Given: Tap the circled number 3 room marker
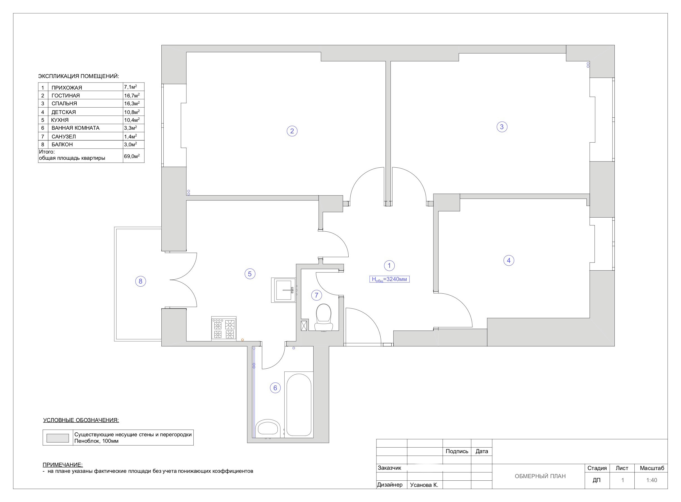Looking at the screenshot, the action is [x=502, y=127].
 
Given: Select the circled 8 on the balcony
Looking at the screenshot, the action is [x=140, y=281].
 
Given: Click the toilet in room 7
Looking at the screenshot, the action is [x=323, y=317].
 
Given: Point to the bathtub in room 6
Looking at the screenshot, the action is [x=299, y=405].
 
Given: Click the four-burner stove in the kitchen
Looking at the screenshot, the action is [x=224, y=328].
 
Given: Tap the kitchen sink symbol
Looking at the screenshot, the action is [x=284, y=290].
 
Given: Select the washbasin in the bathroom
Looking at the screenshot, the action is [x=268, y=428].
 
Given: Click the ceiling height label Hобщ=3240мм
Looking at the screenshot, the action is [x=389, y=279].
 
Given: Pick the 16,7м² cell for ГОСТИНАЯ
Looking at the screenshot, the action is [x=132, y=95].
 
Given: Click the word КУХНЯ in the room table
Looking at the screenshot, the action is [x=60, y=120].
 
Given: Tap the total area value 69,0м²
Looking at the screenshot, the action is [x=132, y=156].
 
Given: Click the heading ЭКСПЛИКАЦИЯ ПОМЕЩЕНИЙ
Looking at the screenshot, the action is [x=79, y=76].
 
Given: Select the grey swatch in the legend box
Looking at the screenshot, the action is [x=58, y=438].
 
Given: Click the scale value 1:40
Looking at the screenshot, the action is [x=651, y=480].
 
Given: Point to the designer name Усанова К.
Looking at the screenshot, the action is [x=424, y=485].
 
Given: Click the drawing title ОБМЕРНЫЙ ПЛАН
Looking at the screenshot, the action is [x=540, y=476].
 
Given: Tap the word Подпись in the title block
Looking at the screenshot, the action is [x=457, y=451].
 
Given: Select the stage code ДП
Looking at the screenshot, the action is [x=596, y=480].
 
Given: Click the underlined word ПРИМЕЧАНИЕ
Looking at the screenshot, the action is [x=63, y=465].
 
